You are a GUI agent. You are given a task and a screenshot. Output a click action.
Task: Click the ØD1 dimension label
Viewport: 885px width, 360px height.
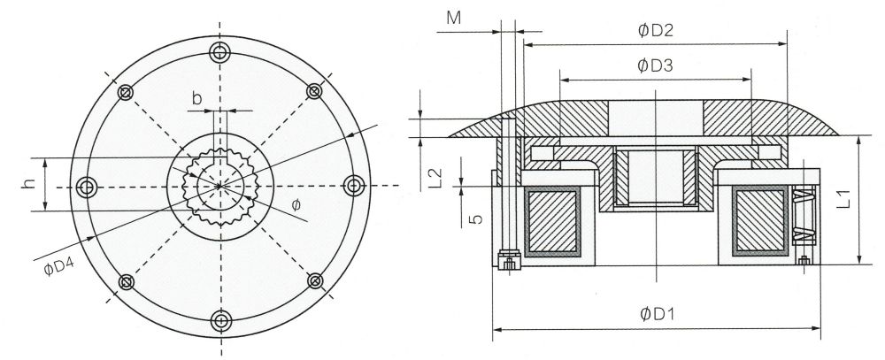coord(655,314)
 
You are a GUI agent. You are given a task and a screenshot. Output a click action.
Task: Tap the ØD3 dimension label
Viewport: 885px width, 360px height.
coord(656,65)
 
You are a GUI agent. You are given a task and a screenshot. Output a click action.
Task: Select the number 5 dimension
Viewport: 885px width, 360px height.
coord(475,216)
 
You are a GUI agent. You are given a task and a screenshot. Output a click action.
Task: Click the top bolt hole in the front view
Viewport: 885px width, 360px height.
coord(219,53)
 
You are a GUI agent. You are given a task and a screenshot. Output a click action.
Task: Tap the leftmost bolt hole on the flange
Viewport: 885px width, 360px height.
coord(87,187)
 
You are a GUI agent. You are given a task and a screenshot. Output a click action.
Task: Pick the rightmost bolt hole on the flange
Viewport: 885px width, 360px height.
coord(353,186)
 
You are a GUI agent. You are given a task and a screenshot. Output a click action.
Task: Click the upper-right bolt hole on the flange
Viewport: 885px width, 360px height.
coord(313,91)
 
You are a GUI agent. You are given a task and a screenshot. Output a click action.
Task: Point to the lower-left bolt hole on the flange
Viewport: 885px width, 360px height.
coord(126,281)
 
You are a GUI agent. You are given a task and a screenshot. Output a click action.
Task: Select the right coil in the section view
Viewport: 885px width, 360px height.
coord(758,222)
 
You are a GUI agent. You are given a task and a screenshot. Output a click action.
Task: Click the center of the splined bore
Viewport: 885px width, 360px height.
coord(219,186)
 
